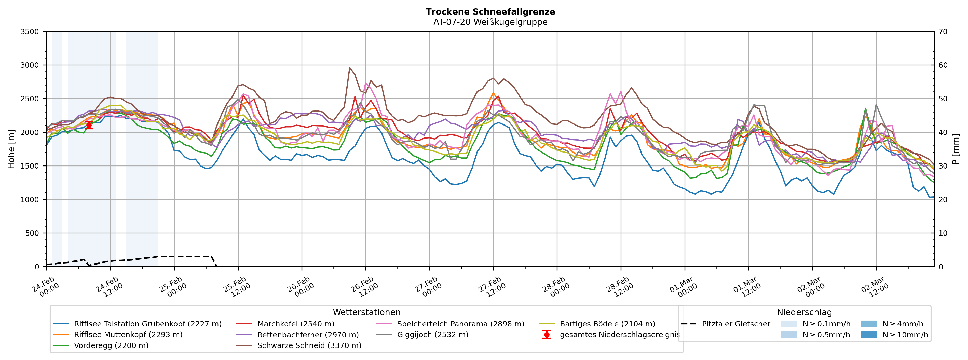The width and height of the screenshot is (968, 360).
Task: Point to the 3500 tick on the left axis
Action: pos(30,32)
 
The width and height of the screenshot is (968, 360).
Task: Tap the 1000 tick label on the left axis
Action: pos(30,200)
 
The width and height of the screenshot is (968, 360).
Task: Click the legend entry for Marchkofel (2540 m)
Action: pos(295,324)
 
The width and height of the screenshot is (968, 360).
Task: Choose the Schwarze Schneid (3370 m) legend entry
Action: pos(309,345)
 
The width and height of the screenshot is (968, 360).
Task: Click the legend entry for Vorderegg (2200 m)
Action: pos(111,345)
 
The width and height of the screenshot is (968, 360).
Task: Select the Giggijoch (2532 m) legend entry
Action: pos(432,335)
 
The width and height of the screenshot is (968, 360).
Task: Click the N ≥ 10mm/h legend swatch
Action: pos(868,335)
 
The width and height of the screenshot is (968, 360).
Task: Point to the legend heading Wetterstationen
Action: pos(366,312)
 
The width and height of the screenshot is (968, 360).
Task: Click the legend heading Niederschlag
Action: pos(804,312)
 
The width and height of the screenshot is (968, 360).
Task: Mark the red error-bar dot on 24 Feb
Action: pos(89,126)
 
